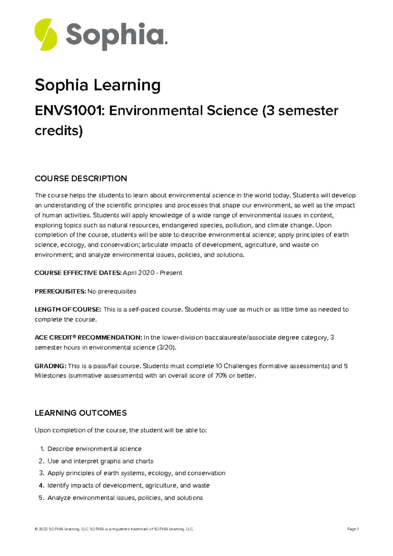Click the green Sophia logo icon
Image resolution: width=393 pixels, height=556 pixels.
46,35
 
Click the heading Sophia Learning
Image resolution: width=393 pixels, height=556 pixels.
97,85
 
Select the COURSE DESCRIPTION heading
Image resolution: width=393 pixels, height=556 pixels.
81,178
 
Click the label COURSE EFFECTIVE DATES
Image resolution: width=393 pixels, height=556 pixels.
78,273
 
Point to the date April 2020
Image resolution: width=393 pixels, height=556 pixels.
138,273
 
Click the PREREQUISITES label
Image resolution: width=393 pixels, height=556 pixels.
60,291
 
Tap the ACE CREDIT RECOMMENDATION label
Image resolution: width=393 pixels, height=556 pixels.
88,338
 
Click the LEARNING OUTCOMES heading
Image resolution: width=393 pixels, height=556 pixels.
81,413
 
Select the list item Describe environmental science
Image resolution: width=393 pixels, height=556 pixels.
94,449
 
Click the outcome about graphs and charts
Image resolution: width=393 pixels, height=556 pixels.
100,461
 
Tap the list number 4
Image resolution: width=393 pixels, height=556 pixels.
41,485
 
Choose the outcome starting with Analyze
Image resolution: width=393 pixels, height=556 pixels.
125,498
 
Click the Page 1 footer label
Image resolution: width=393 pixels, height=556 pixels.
353,529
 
